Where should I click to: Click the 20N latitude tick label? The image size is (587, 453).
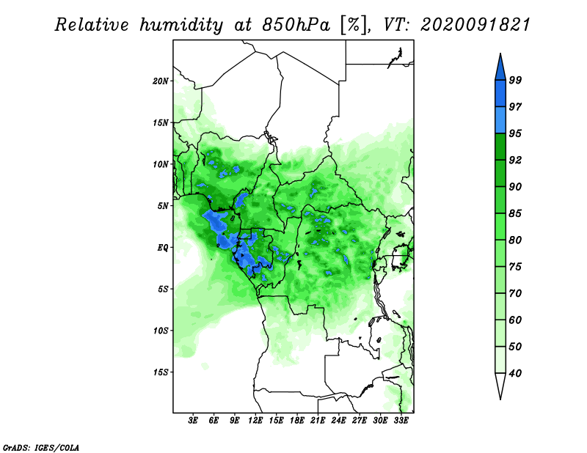[161, 81]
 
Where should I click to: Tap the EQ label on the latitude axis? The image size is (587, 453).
[163, 247]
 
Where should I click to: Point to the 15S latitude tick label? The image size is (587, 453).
[161, 372]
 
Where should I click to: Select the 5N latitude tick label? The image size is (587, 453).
[163, 206]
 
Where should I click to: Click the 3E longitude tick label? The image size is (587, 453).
[193, 420]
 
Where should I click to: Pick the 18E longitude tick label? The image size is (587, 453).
[297, 420]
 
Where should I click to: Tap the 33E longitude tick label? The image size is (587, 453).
[401, 420]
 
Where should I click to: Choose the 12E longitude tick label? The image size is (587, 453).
[255, 420]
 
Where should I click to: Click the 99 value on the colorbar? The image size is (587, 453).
[515, 80]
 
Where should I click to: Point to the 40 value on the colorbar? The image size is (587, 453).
[515, 373]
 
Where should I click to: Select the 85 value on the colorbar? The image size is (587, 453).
[515, 213]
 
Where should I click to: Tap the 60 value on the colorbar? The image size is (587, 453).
[515, 320]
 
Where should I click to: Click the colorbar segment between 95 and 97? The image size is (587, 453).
[500, 120]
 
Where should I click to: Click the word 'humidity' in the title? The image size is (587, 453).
[181, 25]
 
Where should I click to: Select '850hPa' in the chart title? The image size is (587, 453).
[296, 25]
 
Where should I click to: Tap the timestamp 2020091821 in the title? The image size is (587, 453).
[475, 25]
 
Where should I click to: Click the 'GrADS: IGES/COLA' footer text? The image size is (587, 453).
[41, 447]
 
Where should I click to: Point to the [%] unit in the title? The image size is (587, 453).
[354, 25]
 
